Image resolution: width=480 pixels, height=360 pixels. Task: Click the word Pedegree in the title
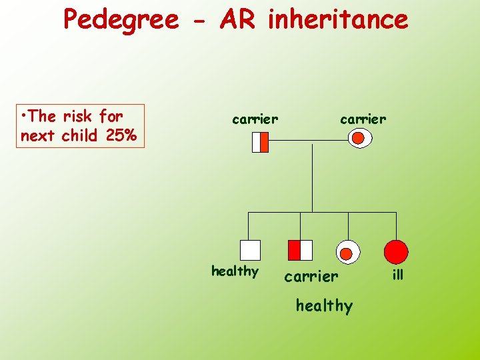[121, 20]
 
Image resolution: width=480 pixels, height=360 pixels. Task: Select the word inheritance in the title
[337, 19]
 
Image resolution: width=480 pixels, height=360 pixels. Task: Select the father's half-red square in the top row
[260, 142]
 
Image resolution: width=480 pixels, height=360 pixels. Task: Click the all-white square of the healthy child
[250, 250]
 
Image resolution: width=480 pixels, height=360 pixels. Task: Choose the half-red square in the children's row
[300, 250]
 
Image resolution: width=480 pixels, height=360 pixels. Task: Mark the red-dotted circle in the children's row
[347, 251]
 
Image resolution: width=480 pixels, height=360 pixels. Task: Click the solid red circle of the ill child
[396, 251]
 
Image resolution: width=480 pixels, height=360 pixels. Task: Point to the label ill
[398, 275]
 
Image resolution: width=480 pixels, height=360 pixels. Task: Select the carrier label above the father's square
[255, 119]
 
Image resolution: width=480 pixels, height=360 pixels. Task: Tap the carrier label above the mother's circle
[363, 119]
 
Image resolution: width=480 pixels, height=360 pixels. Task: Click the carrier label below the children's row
[311, 276]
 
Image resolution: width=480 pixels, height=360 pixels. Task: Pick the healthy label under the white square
[235, 271]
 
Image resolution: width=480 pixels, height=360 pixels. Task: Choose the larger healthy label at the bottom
[324, 306]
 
